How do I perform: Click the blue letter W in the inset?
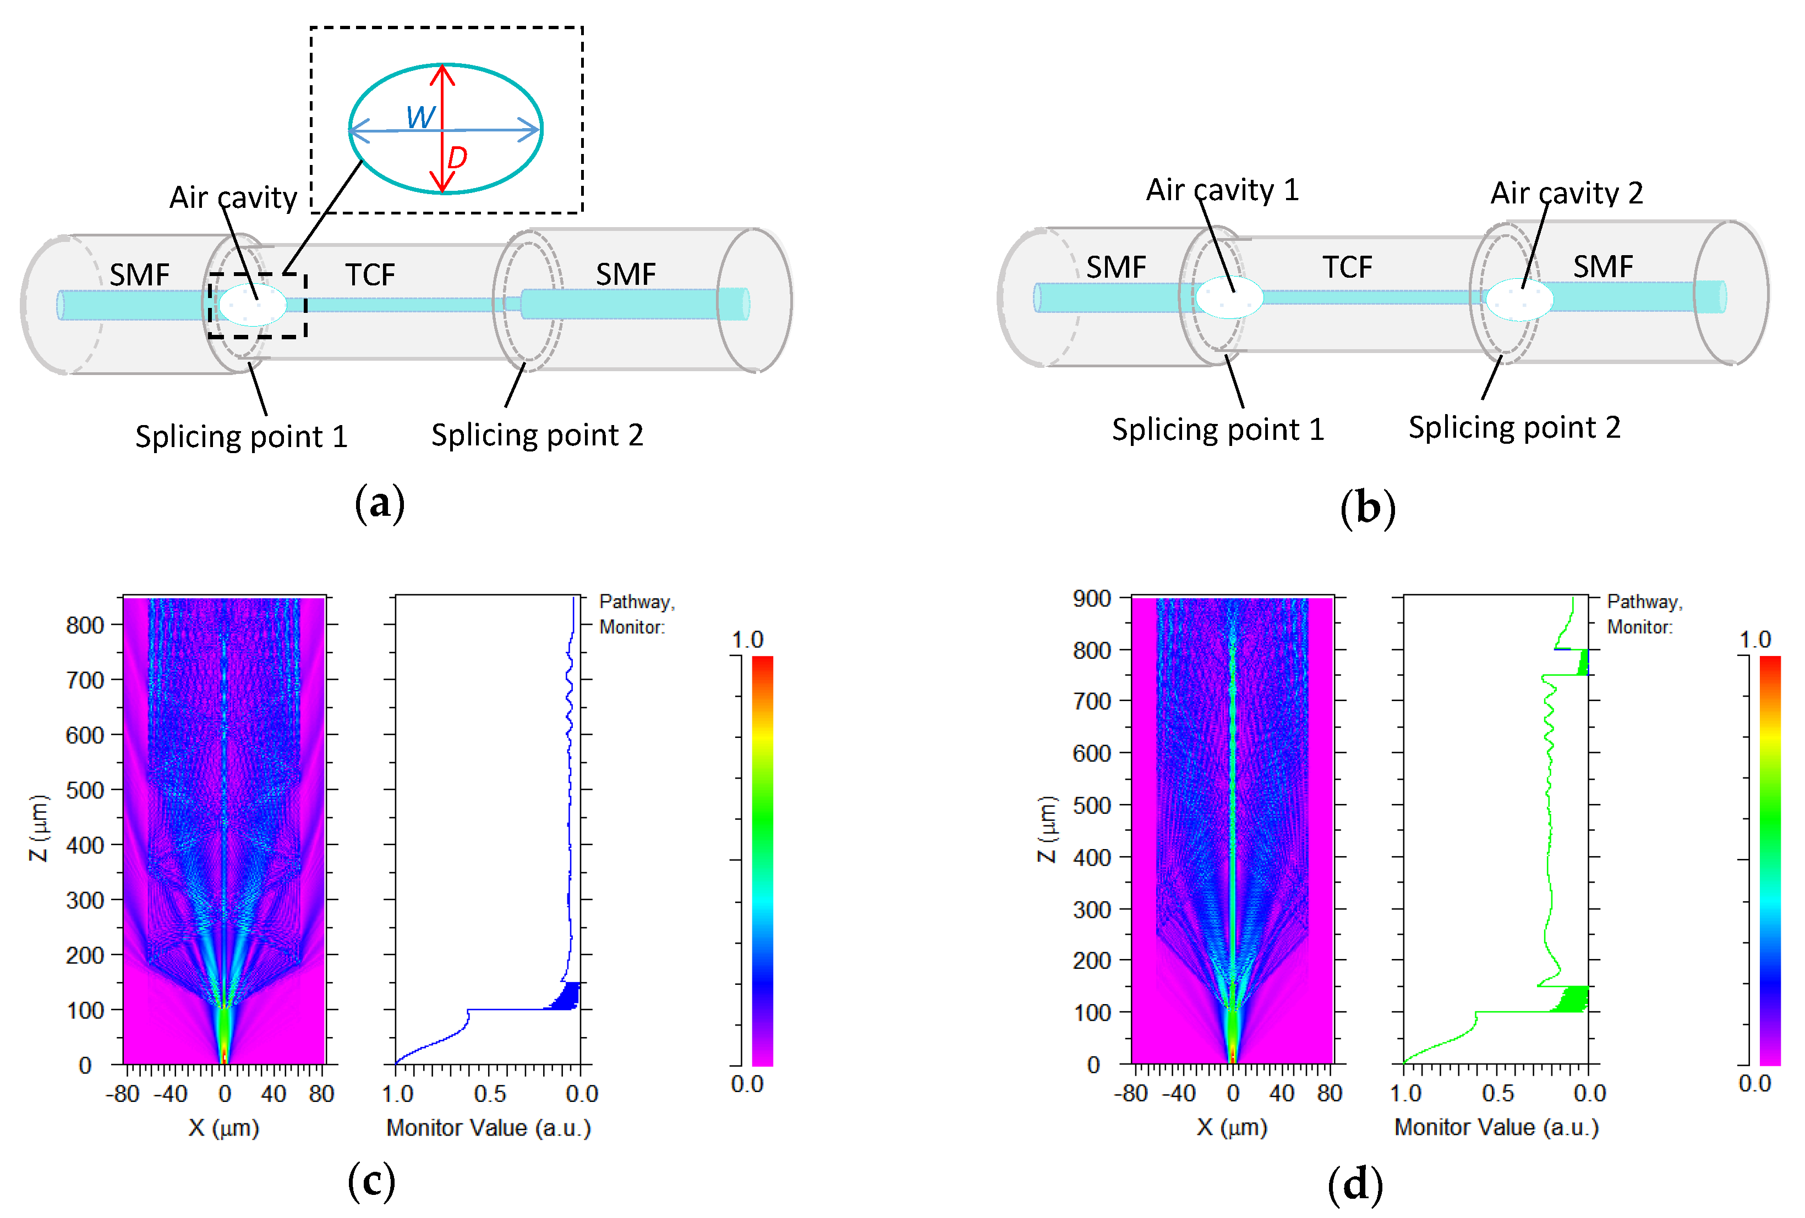(x=420, y=117)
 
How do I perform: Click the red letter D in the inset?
(x=457, y=158)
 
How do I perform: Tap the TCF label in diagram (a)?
(x=370, y=275)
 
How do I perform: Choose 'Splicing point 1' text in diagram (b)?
(x=1217, y=430)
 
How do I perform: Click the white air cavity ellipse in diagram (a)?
(x=253, y=304)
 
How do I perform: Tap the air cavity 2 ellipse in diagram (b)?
(x=1519, y=299)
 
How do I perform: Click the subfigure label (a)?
(x=379, y=504)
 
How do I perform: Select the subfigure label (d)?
(x=1355, y=1186)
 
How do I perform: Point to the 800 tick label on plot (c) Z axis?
(x=85, y=625)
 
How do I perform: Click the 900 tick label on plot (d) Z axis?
(x=1091, y=598)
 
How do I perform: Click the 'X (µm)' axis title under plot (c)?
(x=223, y=1127)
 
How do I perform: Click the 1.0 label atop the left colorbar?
(x=747, y=640)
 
